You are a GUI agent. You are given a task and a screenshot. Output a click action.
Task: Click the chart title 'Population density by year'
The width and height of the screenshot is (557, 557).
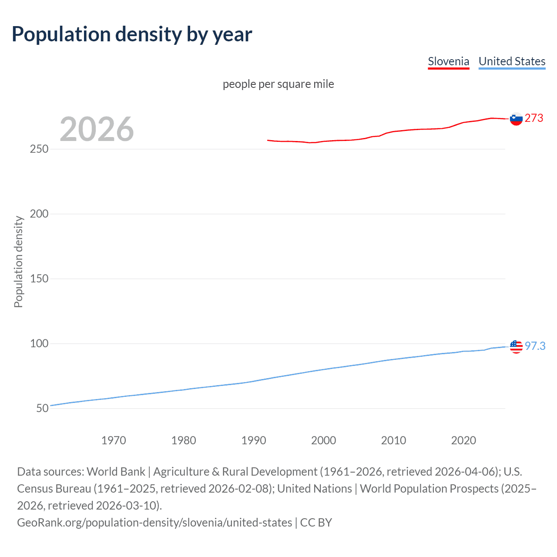[132, 34]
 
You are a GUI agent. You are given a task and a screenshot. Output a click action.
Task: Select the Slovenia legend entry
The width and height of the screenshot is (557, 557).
[448, 61]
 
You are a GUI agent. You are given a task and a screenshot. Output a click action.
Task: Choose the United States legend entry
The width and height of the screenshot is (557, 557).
[512, 61]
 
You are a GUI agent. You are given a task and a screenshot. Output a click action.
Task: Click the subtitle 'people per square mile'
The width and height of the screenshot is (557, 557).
[278, 84]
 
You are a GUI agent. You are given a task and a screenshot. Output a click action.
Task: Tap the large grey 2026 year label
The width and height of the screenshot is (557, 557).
[97, 129]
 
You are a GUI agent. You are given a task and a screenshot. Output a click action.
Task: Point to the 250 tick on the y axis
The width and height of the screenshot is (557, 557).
[39, 149]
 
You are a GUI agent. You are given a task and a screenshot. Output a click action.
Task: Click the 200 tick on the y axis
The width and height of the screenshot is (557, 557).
[39, 214]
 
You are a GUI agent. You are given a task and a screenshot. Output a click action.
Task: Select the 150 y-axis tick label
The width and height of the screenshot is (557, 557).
[39, 278]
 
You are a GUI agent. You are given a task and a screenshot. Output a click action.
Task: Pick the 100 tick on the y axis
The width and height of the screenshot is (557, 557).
[39, 343]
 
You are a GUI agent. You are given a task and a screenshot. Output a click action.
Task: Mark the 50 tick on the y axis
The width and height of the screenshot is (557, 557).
[42, 408]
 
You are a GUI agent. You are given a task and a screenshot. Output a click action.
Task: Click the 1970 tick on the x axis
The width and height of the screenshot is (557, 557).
[114, 440]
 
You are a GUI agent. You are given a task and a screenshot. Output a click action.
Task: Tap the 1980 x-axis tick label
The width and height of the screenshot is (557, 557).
[184, 440]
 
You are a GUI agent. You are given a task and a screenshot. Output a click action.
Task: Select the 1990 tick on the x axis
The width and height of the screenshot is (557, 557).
[254, 440]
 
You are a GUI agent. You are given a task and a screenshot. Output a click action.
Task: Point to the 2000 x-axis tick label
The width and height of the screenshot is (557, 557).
[323, 440]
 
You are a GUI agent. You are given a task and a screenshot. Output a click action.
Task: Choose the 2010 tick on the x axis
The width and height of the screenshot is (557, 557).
[393, 440]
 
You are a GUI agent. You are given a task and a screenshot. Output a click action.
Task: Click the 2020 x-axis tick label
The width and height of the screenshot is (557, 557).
[463, 440]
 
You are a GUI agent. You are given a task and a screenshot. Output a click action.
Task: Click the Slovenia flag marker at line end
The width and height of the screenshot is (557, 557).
[516, 119]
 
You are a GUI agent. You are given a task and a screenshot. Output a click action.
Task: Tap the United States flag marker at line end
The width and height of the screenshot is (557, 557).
[516, 347]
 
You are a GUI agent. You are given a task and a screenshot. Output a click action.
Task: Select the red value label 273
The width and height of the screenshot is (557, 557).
[534, 118]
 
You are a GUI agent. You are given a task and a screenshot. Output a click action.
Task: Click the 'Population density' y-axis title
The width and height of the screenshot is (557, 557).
[18, 262]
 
